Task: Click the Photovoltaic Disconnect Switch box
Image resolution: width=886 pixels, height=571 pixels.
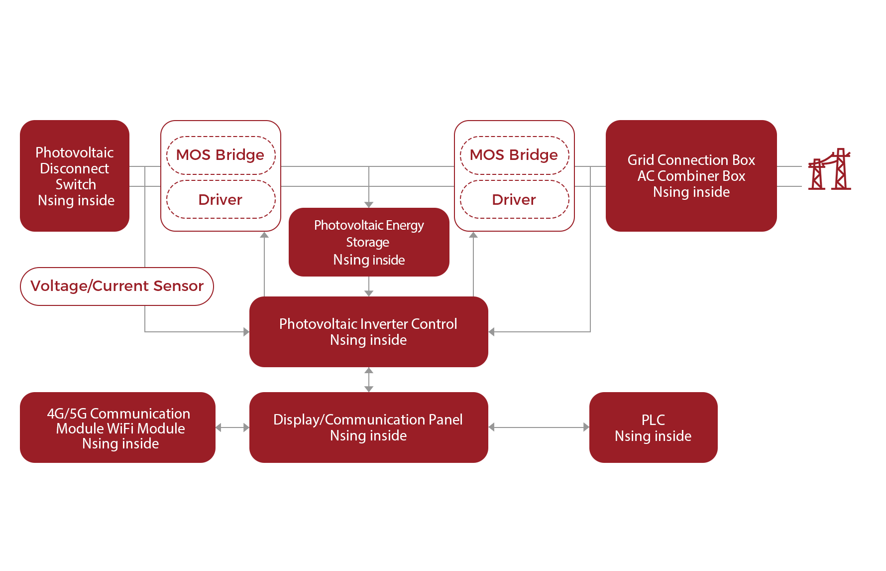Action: pos(75,175)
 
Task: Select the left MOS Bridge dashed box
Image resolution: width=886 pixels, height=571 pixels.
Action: pos(221,155)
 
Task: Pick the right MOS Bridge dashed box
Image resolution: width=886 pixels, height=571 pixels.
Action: pos(514,155)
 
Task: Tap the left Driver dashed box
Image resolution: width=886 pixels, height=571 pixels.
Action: pos(221,200)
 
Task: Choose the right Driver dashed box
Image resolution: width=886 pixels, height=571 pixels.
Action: pos(514,200)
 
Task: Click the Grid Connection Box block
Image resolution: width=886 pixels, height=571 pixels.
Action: pos(691,175)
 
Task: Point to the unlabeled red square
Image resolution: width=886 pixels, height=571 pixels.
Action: pos(829,169)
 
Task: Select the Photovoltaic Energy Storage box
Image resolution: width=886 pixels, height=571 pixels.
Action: pos(369,242)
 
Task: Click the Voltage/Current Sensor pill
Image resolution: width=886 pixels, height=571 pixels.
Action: pos(117,286)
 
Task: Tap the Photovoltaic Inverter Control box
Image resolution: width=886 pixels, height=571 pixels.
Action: pos(368,332)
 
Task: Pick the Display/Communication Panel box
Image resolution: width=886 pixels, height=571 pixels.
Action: pos(368,428)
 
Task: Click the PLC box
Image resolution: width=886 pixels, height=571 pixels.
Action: pos(653,428)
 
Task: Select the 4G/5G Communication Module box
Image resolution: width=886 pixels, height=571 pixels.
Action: pos(118,428)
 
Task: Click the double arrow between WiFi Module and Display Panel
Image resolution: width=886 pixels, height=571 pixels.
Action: pos(232,428)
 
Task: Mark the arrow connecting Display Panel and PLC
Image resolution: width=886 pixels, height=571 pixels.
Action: pos(539,428)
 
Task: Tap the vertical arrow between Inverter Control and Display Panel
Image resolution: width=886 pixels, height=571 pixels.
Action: pos(369,380)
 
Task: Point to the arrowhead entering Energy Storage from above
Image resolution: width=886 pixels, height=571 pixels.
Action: pos(369,204)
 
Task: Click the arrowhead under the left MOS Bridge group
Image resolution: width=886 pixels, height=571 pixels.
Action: pos(264,235)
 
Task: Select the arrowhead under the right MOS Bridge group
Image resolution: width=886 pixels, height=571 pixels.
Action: pos(473,235)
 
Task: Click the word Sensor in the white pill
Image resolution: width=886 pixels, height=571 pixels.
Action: pos(178,286)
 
